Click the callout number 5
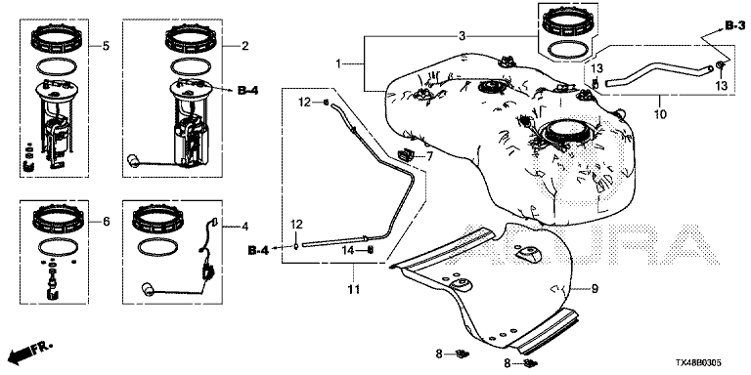tap(106, 47)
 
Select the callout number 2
tap(244, 47)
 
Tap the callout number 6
tap(106, 222)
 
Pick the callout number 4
tap(244, 227)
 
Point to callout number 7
tap(429, 155)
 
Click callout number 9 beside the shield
tap(595, 288)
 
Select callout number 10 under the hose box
tap(660, 114)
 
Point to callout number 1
tap(338, 63)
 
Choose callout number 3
tap(462, 36)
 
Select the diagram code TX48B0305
tap(699, 363)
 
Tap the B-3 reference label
tap(735, 26)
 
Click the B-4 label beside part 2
tap(247, 90)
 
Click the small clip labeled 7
tap(405, 155)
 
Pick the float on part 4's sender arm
tap(147, 289)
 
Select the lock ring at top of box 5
tap(54, 41)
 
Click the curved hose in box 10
tap(659, 72)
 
